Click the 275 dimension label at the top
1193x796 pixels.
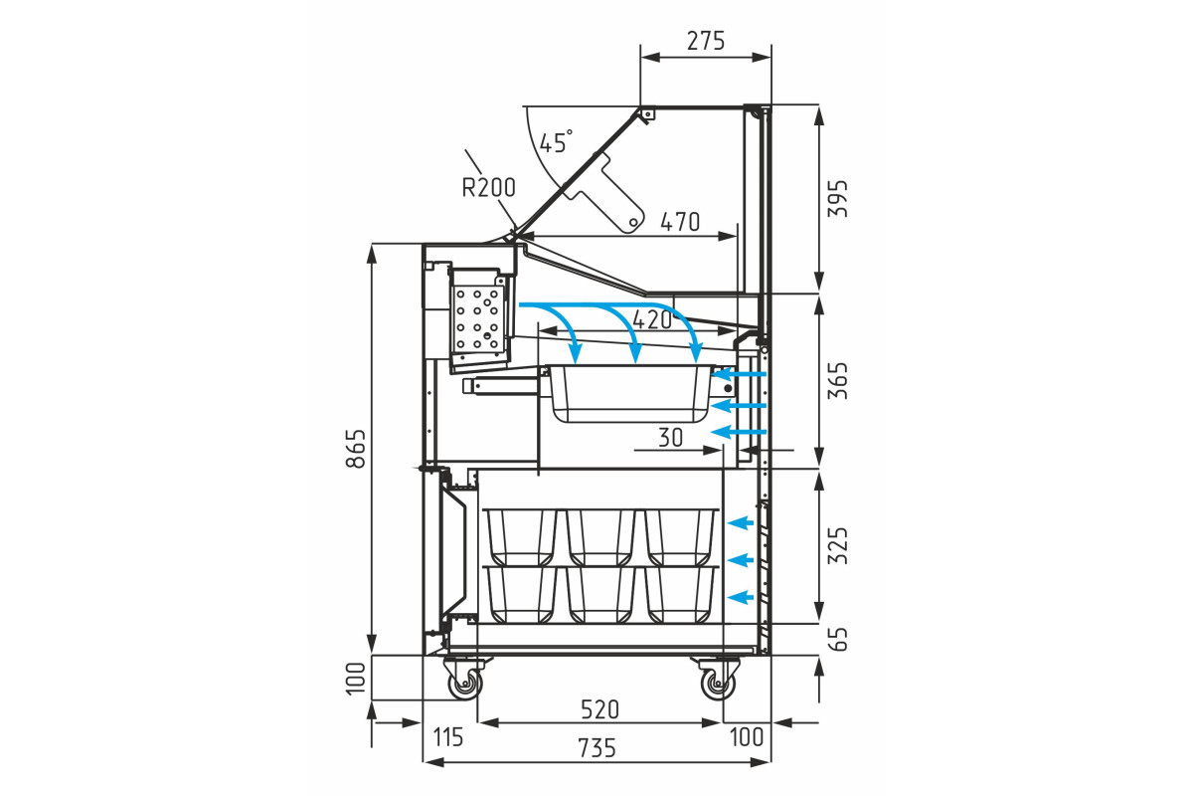[x=706, y=41]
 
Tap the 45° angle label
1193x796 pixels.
[x=556, y=141]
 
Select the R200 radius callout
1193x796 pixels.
[x=488, y=188]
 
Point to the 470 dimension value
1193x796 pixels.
[x=680, y=222]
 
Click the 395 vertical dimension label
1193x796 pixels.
[x=838, y=198]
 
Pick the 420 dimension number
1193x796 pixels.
[x=652, y=320]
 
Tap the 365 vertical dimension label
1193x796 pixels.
[x=838, y=380]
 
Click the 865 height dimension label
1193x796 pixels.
[x=356, y=449]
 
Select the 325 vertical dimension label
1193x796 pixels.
[x=838, y=545]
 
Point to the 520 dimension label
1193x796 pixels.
[x=599, y=709]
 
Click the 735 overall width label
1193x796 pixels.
[x=596, y=748]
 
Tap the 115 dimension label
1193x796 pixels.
[x=448, y=737]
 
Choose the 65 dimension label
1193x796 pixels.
[x=838, y=639]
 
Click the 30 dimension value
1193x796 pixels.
[x=670, y=438]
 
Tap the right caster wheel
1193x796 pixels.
[x=718, y=683]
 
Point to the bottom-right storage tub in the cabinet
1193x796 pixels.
[x=682, y=594]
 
